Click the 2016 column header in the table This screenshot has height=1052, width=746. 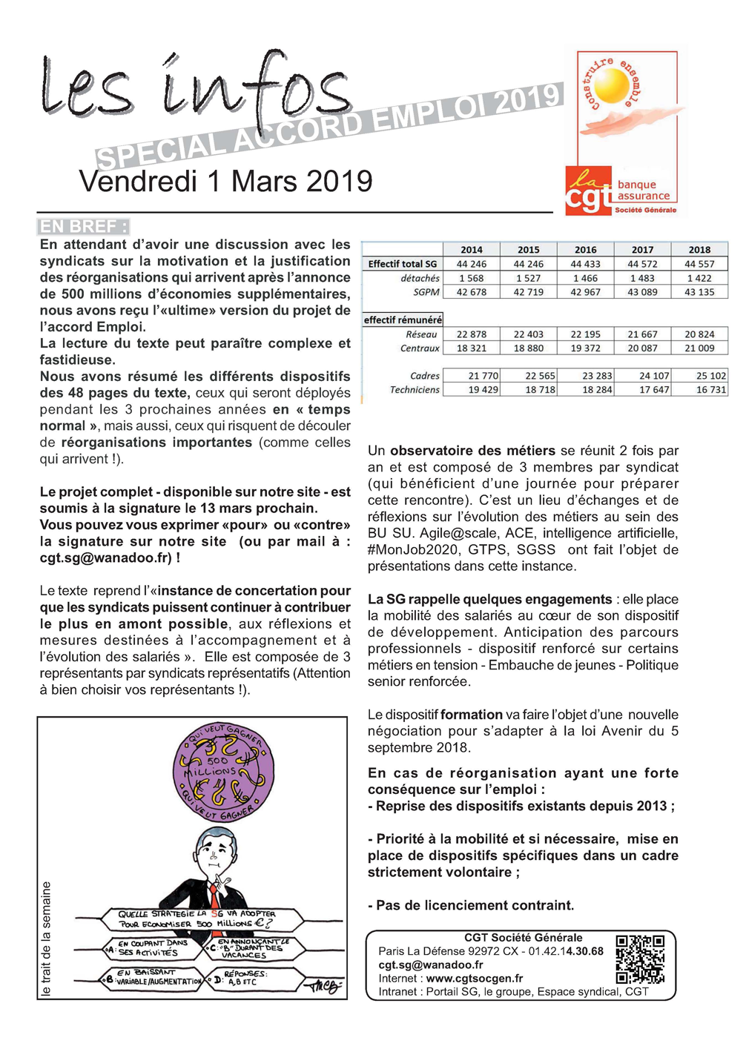click(x=585, y=250)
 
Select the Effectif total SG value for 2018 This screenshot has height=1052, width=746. click(x=699, y=264)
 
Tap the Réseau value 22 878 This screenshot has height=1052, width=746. click(x=472, y=334)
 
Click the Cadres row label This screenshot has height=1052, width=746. click(x=424, y=376)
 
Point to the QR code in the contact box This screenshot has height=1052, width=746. click(x=640, y=959)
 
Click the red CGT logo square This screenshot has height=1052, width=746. click(x=590, y=191)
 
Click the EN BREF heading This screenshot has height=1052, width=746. click(x=83, y=227)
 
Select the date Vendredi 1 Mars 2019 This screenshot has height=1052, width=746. click(x=225, y=182)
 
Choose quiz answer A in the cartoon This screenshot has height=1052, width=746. click(x=148, y=948)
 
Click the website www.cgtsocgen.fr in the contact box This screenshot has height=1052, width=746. click(x=474, y=979)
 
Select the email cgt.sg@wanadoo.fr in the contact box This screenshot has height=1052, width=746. click(x=430, y=965)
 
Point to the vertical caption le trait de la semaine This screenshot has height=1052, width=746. click(x=47, y=938)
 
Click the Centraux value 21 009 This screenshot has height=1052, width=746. click(x=699, y=348)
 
